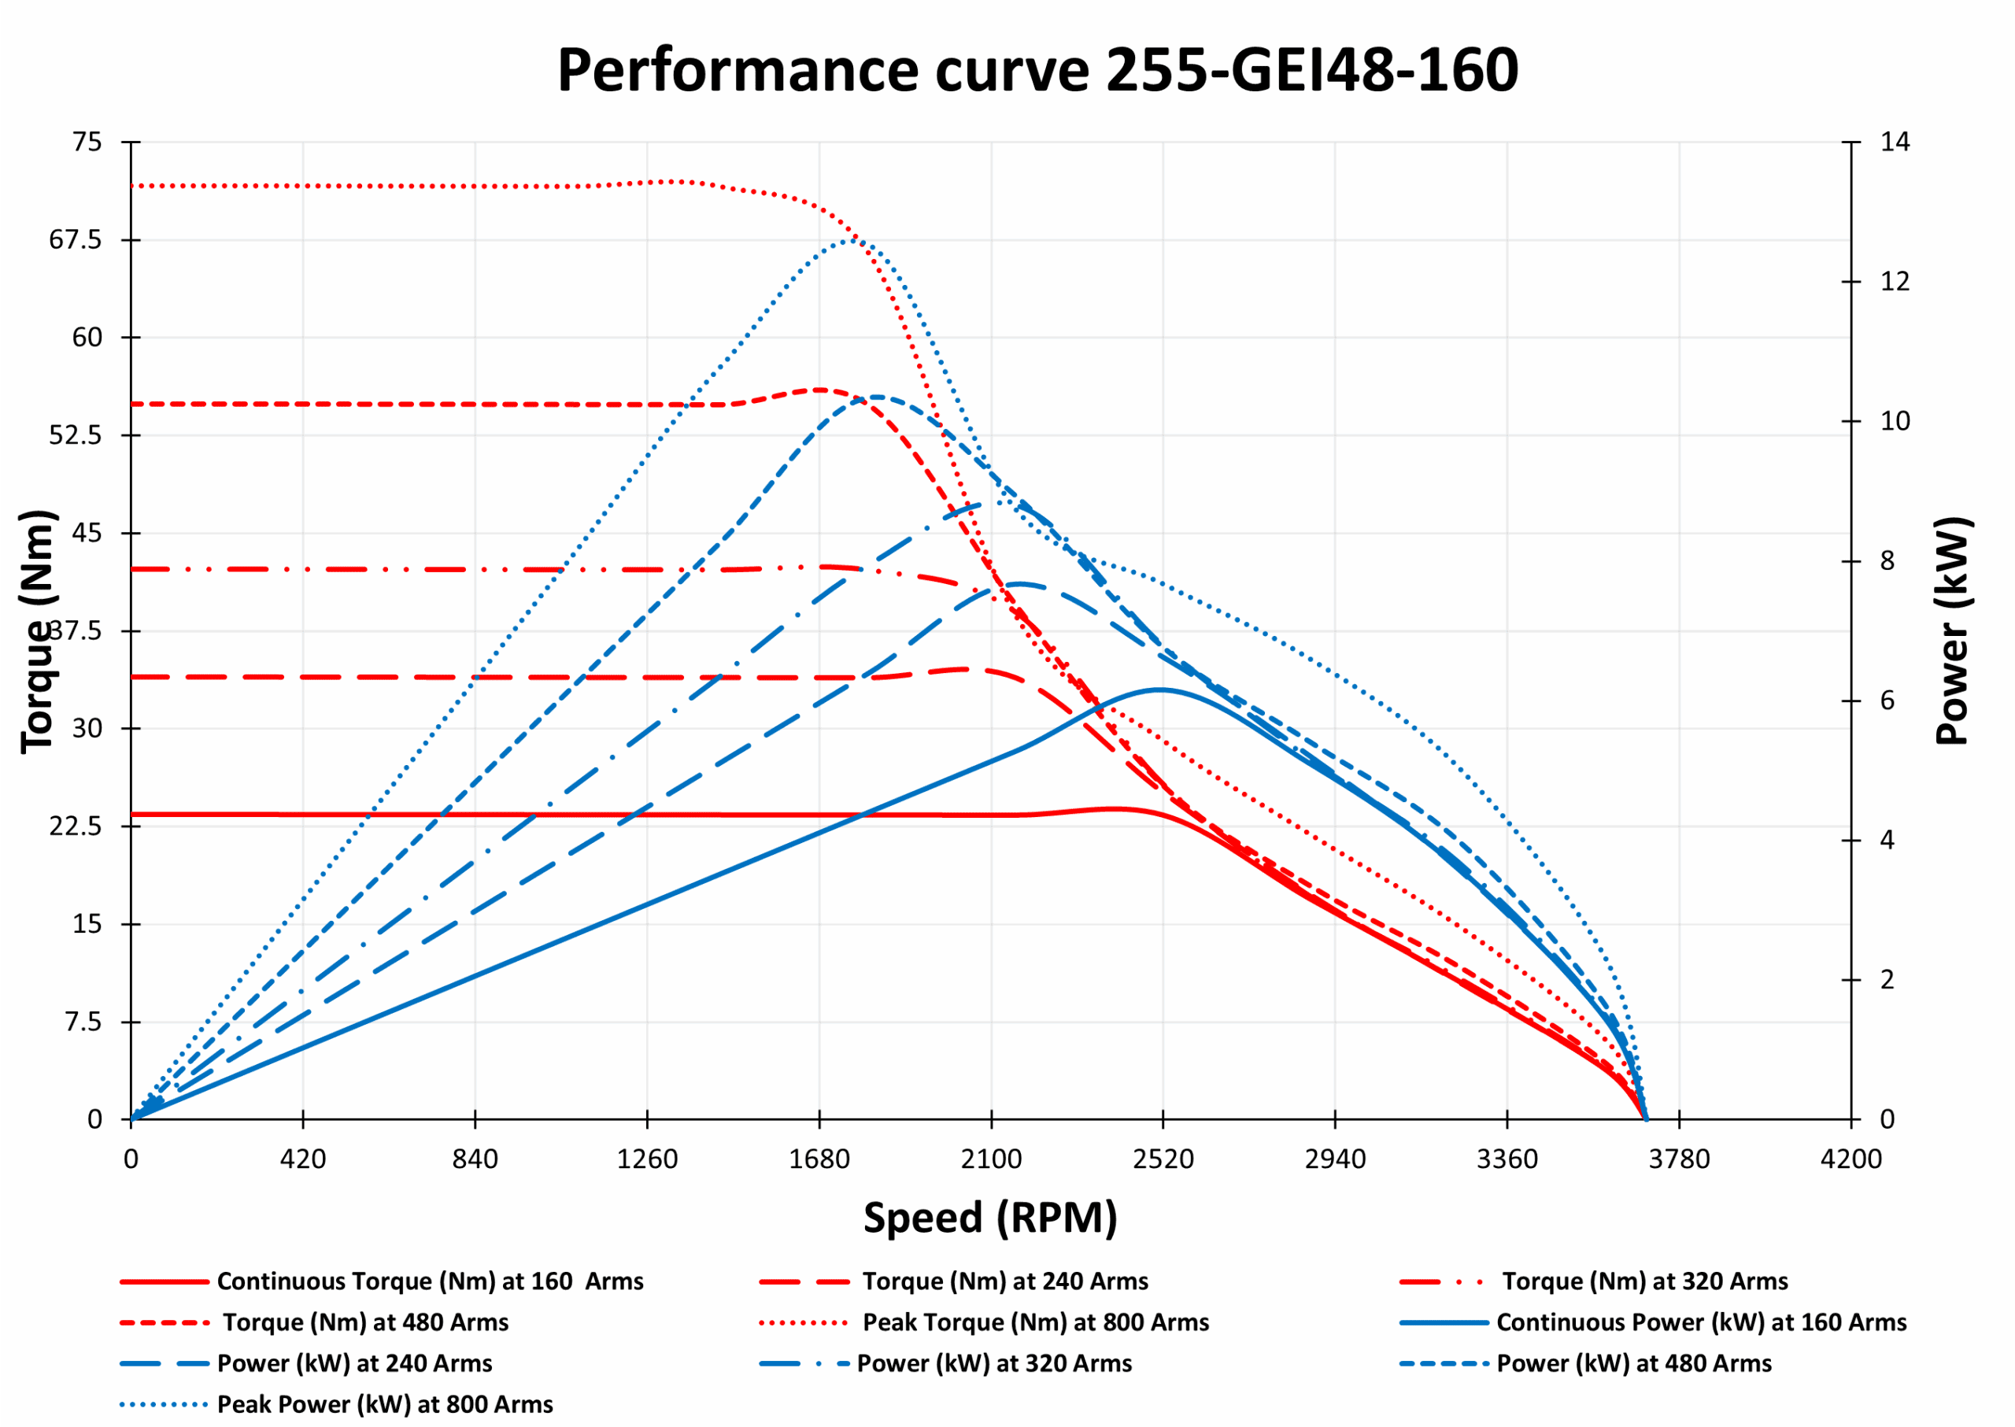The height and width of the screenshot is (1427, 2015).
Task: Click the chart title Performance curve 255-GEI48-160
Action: point(1037,70)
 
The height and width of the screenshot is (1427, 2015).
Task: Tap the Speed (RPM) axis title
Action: point(990,1218)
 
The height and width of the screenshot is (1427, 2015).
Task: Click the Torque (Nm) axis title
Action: point(38,631)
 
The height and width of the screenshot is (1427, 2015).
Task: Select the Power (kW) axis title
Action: point(1954,631)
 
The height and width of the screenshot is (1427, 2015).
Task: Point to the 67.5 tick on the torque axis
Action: point(75,240)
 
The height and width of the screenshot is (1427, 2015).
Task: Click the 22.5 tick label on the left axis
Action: point(75,826)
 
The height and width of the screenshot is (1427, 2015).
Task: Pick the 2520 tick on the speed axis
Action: point(1163,1160)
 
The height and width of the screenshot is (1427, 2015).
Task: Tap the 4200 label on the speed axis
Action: point(1850,1160)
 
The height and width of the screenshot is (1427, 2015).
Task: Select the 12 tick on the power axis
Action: point(1895,281)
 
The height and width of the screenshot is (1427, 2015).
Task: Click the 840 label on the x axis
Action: point(475,1160)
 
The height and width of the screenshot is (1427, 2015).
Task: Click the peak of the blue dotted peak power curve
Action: point(849,239)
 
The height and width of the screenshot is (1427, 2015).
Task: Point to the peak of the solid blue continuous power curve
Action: point(1160,689)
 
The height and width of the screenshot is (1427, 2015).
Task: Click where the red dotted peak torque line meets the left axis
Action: point(131,187)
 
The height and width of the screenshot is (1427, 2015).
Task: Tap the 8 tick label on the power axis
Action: point(1887,560)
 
